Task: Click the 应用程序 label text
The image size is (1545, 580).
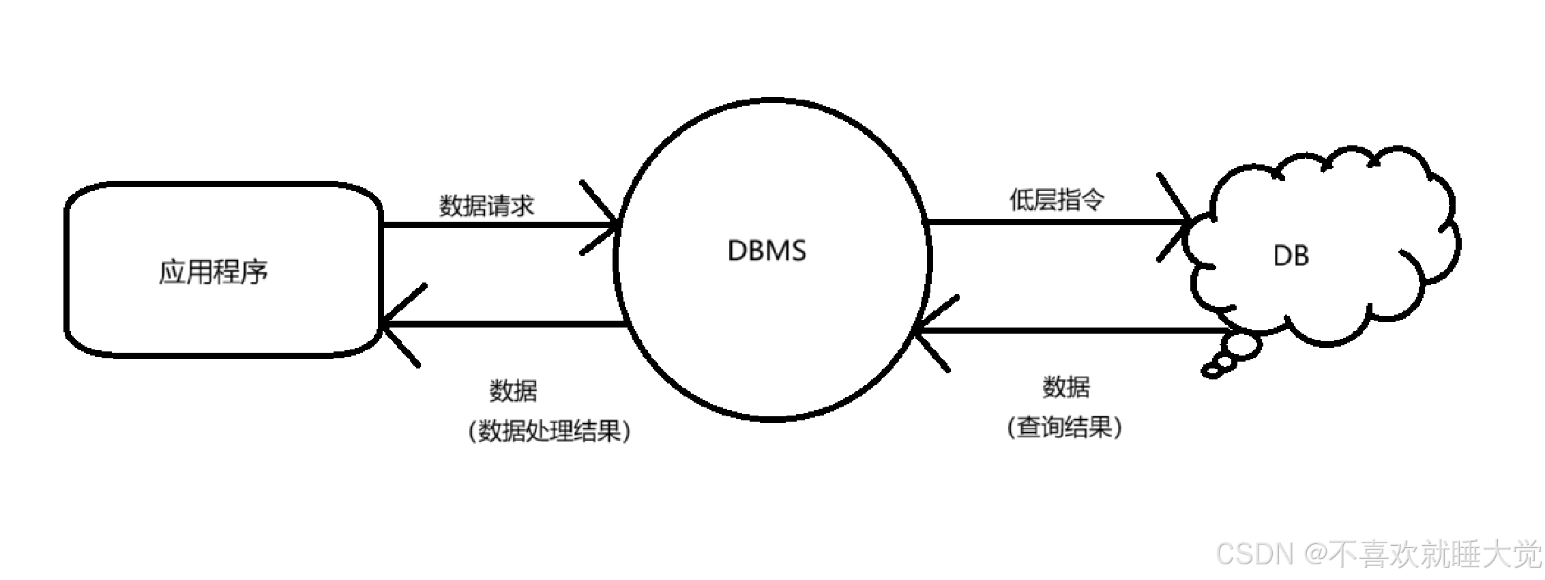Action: coord(214,272)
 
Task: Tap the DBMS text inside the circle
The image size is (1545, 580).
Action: coord(767,250)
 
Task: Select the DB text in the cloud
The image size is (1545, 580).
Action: coord(1291,256)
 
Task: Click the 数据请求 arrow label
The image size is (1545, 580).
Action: coord(486,205)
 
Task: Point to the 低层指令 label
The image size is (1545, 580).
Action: coord(1057,200)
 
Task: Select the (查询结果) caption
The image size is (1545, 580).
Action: coord(1064,428)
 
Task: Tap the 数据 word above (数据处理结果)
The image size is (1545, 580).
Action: coord(513,391)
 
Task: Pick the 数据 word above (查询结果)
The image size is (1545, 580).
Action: coord(1065,387)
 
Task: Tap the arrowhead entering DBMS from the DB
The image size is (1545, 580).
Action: coord(928,332)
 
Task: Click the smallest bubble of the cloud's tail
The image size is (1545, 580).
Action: coord(1213,371)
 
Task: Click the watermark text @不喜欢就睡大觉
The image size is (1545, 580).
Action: coord(1422,553)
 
